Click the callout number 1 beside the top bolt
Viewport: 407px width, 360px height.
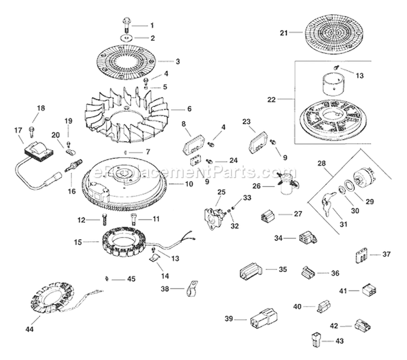point(152,25)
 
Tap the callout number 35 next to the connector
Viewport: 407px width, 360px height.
point(283,269)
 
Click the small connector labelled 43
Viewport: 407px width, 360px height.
point(317,341)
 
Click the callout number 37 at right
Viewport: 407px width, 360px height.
point(386,254)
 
